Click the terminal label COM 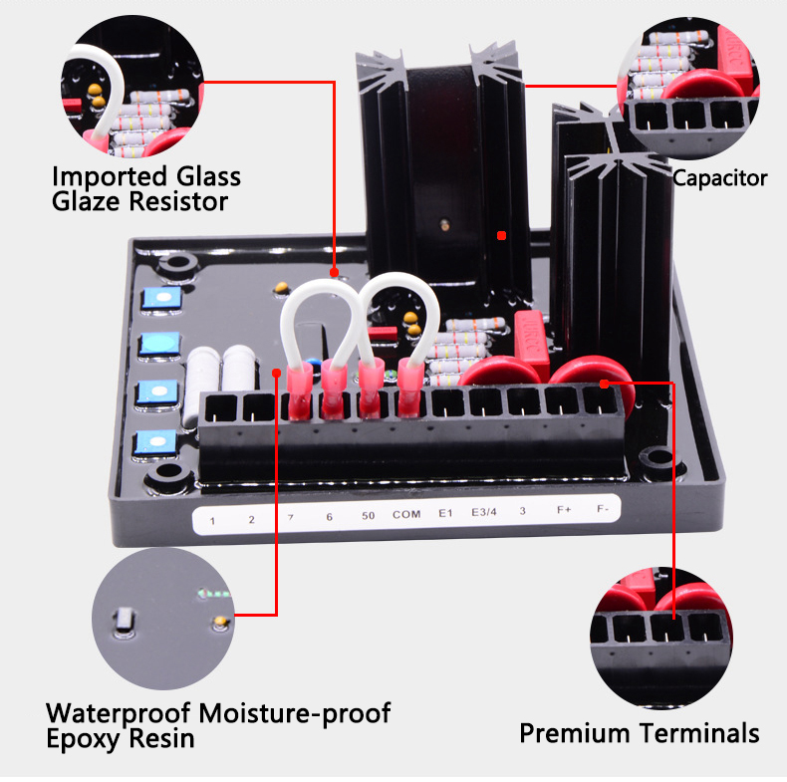(x=406, y=514)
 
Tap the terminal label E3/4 (x=484, y=512)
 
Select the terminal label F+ (x=564, y=510)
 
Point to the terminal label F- (x=603, y=509)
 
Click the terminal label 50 (x=368, y=516)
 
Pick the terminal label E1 (x=445, y=513)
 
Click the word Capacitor (x=719, y=178)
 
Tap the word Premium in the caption (x=574, y=733)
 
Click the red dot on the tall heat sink (x=501, y=235)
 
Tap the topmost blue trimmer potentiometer (x=161, y=298)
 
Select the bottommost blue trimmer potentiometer (x=156, y=441)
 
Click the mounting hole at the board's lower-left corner (x=168, y=474)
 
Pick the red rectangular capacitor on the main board (x=532, y=342)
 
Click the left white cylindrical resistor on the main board (x=202, y=387)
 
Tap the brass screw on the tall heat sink (x=444, y=224)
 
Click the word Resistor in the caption (x=178, y=202)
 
